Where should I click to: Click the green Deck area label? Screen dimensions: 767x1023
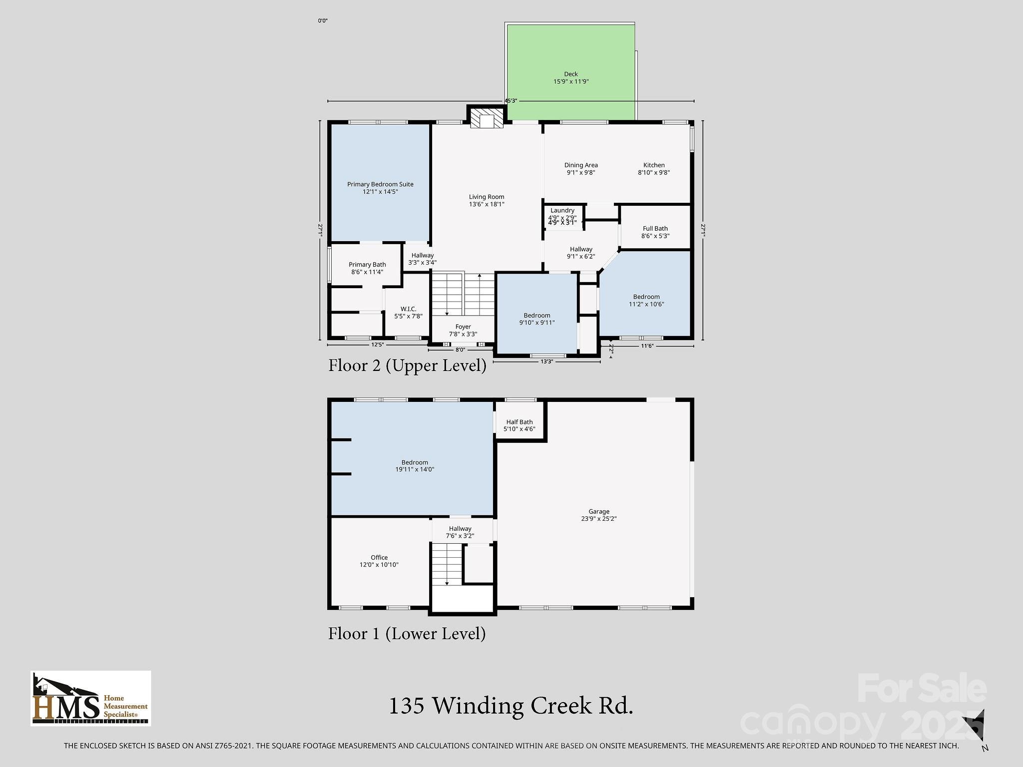571,78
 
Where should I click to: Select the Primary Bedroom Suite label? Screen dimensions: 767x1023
380,188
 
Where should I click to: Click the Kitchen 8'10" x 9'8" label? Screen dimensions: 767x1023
653,169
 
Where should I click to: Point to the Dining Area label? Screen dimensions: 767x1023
581,169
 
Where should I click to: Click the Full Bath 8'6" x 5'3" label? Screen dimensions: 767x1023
655,232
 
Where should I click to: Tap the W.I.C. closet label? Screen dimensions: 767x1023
408,313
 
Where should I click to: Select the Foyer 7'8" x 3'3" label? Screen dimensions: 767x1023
463,330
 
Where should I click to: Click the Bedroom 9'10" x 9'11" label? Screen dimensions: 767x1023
537,319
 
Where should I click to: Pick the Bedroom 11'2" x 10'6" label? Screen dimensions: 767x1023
646,300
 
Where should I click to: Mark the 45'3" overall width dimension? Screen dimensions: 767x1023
511,101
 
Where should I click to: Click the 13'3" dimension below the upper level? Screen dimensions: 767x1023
547,362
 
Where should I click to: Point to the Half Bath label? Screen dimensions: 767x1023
519,425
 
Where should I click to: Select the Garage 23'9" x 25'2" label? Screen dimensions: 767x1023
599,515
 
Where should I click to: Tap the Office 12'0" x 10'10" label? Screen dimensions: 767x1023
379,561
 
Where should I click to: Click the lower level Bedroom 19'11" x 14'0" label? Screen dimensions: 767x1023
415,466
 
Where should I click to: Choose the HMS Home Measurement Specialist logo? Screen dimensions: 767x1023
91,698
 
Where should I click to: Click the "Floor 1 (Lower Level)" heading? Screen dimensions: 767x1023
407,634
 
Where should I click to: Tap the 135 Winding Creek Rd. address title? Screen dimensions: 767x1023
511,706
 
